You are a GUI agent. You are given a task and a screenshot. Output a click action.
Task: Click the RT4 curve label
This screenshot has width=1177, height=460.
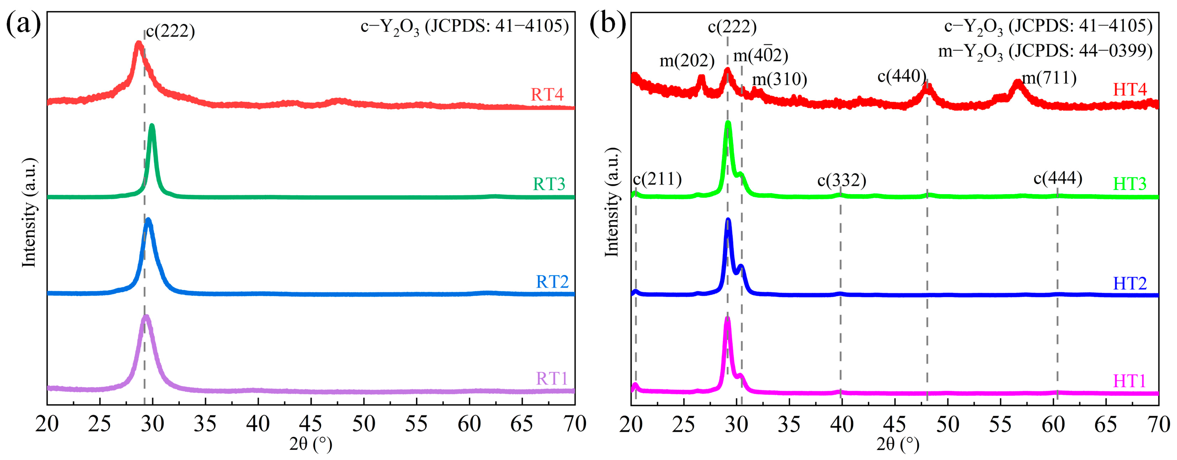click(x=547, y=95)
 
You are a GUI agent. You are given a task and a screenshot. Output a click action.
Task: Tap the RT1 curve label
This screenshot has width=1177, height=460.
click(x=551, y=379)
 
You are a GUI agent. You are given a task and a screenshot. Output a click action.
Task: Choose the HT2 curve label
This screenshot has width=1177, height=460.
click(x=1129, y=283)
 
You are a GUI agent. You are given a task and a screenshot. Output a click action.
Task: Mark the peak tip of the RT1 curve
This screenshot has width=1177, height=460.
click(x=146, y=317)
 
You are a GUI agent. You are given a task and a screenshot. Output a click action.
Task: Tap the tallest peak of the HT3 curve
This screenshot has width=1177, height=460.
click(x=728, y=123)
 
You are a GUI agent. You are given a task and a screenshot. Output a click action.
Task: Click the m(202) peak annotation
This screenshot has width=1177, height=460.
click(x=687, y=60)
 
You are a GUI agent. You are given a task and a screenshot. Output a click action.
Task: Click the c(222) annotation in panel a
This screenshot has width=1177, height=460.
click(x=170, y=31)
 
